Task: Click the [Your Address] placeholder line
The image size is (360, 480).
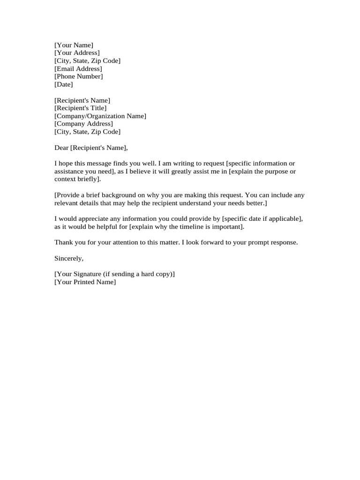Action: pyautogui.click(x=77, y=53)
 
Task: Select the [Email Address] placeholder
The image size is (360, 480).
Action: pyautogui.click(x=78, y=69)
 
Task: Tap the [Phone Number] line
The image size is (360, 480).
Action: pyautogui.click(x=79, y=76)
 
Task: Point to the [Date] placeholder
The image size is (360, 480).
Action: pyautogui.click(x=64, y=84)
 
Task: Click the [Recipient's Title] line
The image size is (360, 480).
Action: pyautogui.click(x=81, y=108)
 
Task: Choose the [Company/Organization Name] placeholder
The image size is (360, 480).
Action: pyautogui.click(x=100, y=116)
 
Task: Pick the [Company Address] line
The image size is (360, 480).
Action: pyautogui.click(x=83, y=124)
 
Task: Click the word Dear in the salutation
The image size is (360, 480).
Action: pyautogui.click(x=61, y=148)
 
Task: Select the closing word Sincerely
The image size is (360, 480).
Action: pyautogui.click(x=69, y=258)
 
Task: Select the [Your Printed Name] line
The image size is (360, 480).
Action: pyautogui.click(x=85, y=282)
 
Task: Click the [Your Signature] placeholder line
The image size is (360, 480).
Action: pyautogui.click(x=114, y=274)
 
